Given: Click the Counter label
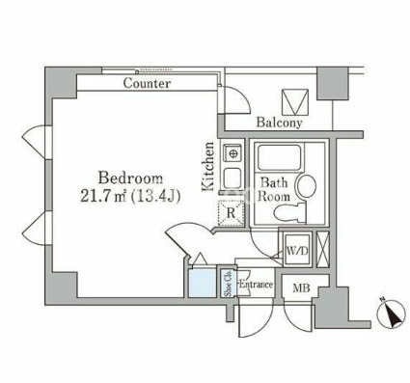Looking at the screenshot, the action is (147, 84).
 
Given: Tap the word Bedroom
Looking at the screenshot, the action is (130, 178).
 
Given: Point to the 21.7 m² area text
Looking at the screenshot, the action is (103, 196).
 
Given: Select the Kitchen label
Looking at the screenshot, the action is (207, 167).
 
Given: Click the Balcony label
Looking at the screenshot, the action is (280, 123).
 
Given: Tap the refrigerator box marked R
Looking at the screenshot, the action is (231, 212).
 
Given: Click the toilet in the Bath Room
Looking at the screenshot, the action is (290, 212).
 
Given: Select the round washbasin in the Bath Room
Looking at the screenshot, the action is (307, 186).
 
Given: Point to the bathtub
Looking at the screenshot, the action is (279, 157).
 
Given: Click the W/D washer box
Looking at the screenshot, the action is (297, 250).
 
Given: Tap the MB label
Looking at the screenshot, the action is (301, 288).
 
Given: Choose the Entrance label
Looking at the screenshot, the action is (257, 285).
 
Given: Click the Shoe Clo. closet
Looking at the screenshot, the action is (229, 283).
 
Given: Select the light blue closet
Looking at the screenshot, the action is (203, 283).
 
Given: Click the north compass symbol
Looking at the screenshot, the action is (391, 313).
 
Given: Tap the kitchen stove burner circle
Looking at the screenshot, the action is (232, 153).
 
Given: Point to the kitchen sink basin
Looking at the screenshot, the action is (232, 178).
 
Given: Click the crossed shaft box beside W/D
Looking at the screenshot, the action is (323, 249).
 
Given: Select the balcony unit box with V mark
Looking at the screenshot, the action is (295, 102).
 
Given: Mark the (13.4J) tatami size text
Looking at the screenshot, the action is (155, 196).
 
